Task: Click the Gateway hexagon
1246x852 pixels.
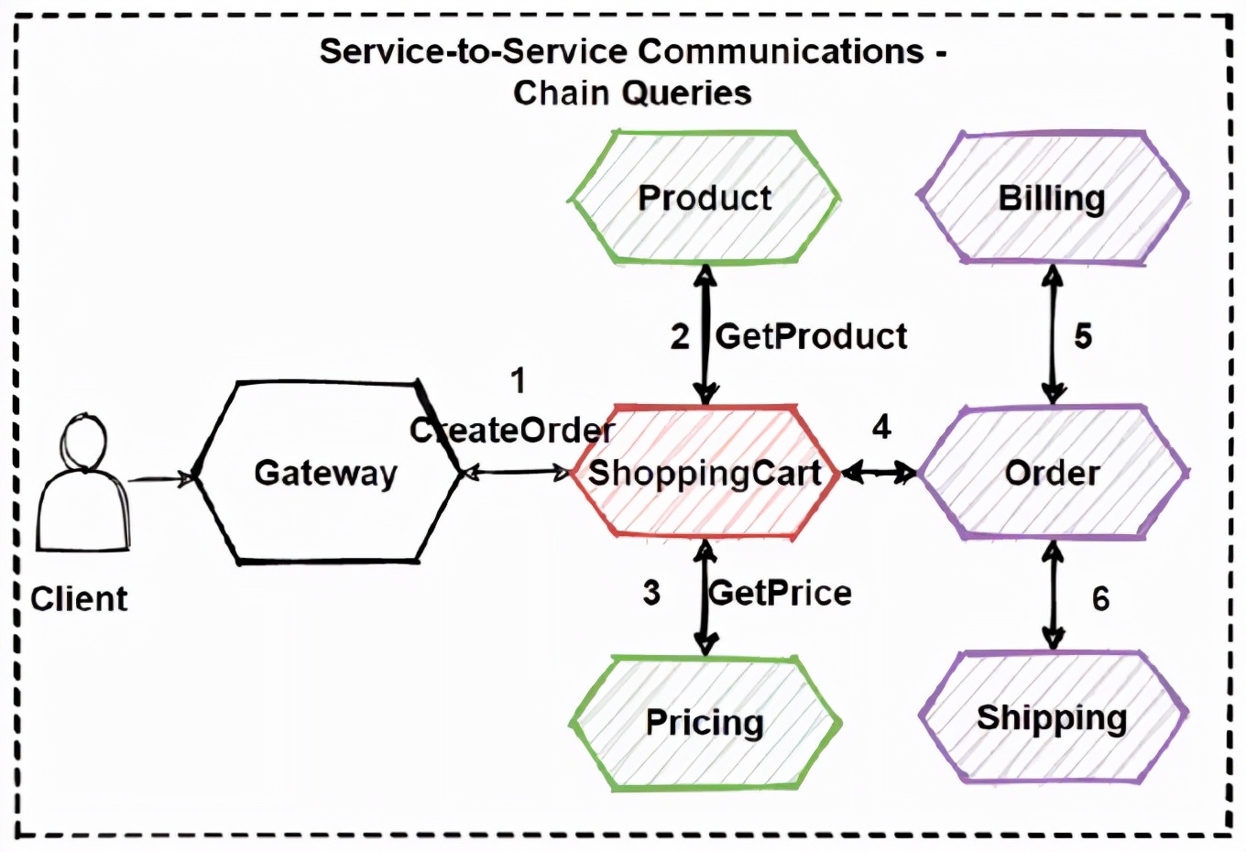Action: click(326, 472)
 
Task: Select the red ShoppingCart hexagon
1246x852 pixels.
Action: click(704, 472)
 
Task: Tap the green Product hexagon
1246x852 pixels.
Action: click(704, 198)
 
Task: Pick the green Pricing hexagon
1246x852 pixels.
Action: click(704, 722)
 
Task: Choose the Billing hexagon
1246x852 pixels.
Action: click(1052, 198)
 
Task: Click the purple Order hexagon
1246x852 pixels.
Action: click(1052, 472)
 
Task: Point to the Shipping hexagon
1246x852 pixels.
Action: click(1052, 717)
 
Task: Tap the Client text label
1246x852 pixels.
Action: click(79, 599)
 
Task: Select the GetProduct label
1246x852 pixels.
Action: click(812, 336)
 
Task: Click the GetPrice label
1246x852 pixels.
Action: click(781, 593)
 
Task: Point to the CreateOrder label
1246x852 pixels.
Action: click(512, 430)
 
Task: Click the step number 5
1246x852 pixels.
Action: click(1083, 336)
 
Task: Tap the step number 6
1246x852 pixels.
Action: click(1100, 599)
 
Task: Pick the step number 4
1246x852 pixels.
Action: click(881, 426)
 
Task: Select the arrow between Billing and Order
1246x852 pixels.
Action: click(1053, 335)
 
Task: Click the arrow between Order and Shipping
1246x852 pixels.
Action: click(1054, 595)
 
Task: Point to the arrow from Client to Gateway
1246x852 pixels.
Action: click(160, 477)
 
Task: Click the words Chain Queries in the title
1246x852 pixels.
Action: click(632, 93)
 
